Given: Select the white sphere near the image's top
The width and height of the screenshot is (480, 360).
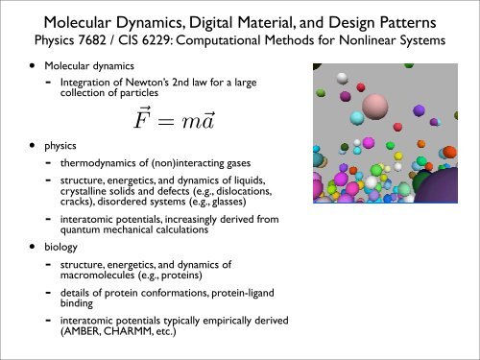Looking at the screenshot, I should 341,77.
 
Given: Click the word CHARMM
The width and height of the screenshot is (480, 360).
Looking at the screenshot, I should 135,338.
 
